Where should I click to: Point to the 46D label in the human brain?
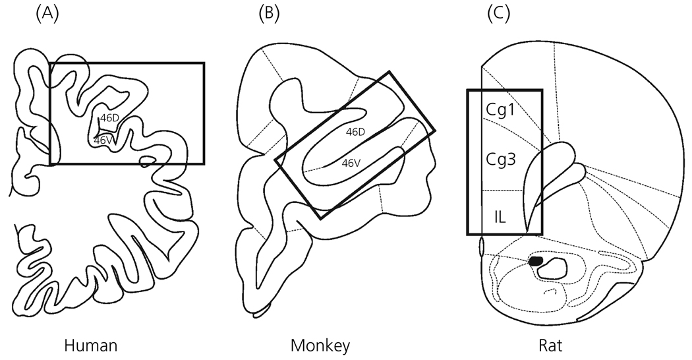[x=109, y=118]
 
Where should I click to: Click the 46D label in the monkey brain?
[x=355, y=132]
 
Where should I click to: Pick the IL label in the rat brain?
[x=500, y=216]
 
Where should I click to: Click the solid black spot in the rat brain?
[x=536, y=260]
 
